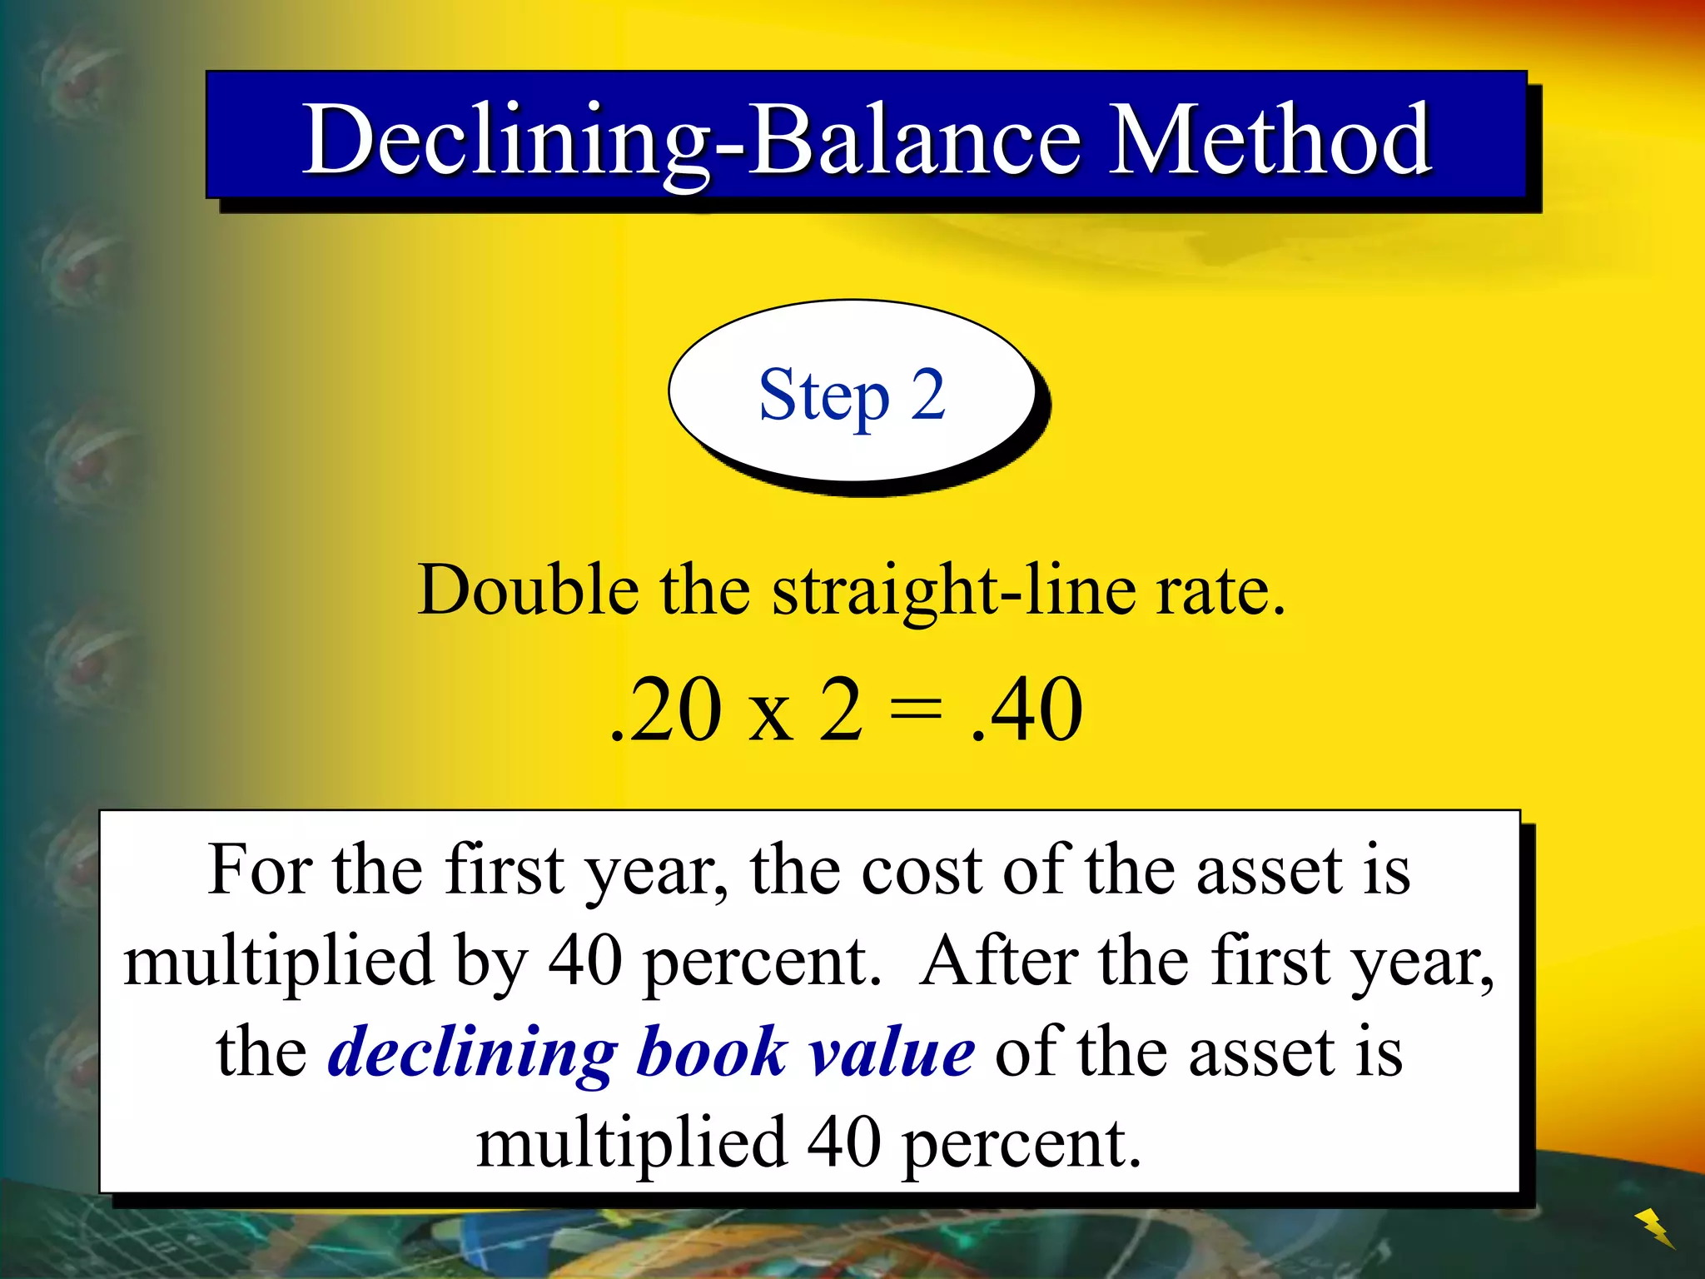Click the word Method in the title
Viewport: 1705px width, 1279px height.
(x=1270, y=140)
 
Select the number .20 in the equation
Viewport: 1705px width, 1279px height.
(x=665, y=709)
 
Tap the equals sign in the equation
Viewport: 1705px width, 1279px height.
(x=916, y=710)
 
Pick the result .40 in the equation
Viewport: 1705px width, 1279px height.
(x=1027, y=709)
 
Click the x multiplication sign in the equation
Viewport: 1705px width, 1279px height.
(x=770, y=714)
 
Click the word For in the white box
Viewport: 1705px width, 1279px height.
(x=259, y=870)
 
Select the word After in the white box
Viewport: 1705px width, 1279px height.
(x=999, y=961)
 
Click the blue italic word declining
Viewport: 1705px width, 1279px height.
(x=473, y=1053)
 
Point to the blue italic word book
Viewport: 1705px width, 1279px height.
(x=712, y=1051)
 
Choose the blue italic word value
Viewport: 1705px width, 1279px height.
(x=892, y=1053)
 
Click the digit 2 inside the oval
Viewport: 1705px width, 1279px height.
(x=927, y=395)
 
